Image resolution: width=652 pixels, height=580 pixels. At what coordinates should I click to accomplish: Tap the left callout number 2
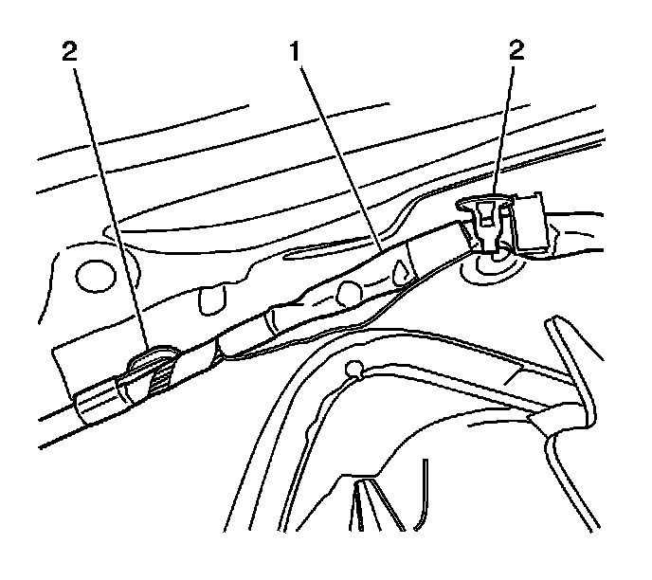click(x=68, y=50)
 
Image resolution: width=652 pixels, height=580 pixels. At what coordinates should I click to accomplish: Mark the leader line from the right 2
click(x=506, y=133)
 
